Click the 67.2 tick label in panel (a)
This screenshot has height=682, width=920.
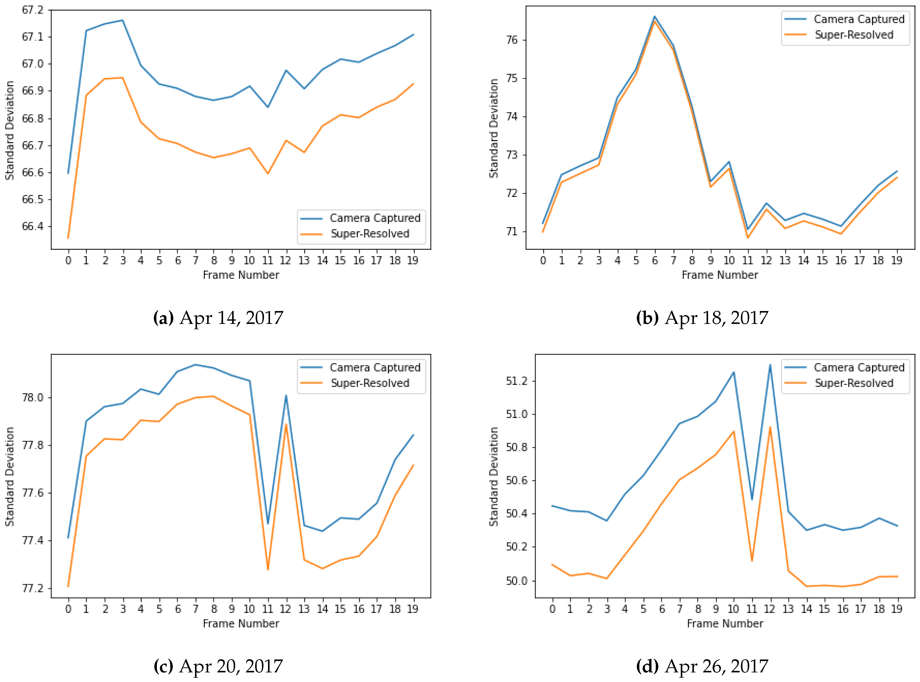pyautogui.click(x=32, y=10)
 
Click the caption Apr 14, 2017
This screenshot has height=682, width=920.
pyautogui.click(x=218, y=318)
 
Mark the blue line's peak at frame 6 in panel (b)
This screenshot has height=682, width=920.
pyautogui.click(x=655, y=16)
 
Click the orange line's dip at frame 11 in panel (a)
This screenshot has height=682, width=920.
pyautogui.click(x=268, y=173)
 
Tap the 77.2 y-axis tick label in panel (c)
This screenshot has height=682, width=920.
pyautogui.click(x=32, y=588)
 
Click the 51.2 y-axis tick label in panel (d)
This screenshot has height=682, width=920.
pyautogui.click(x=516, y=381)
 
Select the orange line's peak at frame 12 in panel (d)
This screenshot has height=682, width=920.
pyautogui.click(x=770, y=427)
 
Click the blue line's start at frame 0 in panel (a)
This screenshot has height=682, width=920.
pyautogui.click(x=68, y=173)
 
